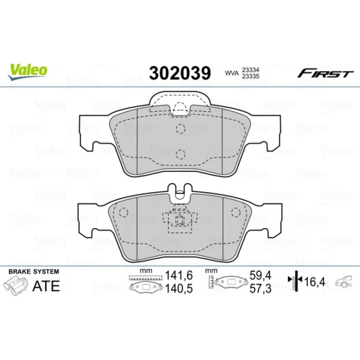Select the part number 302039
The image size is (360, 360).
point(180,73)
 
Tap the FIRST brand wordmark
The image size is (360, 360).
point(325,73)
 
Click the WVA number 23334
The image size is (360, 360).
point(251,70)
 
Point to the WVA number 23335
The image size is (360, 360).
point(251,76)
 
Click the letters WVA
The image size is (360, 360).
point(232,73)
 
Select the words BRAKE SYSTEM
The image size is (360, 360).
point(34,271)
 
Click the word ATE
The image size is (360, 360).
point(46,286)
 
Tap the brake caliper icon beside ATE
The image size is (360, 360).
point(15,285)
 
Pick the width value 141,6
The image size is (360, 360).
point(179,275)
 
